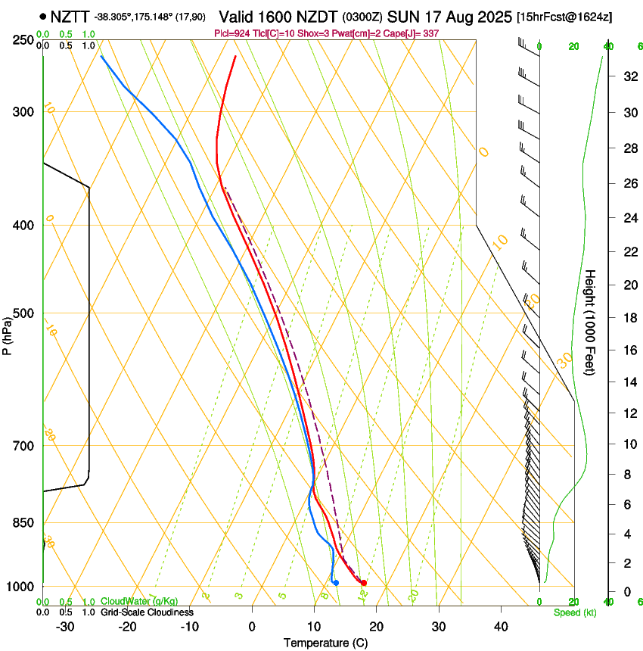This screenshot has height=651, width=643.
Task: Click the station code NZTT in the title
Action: point(70,16)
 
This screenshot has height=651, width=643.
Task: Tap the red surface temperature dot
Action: point(364,583)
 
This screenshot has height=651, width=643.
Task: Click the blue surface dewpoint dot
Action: point(336,582)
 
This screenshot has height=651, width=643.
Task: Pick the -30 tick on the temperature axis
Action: point(65,627)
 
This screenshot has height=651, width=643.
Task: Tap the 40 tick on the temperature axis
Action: point(501,627)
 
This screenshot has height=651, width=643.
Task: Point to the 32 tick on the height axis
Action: point(628,76)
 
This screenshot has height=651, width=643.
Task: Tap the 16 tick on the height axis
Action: point(628,350)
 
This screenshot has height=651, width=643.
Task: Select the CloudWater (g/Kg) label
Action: point(139,601)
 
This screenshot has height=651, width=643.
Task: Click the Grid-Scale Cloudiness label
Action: point(147,612)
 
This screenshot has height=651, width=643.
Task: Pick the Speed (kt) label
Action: point(574,612)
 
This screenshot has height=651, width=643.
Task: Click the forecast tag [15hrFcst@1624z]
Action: point(564,17)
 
